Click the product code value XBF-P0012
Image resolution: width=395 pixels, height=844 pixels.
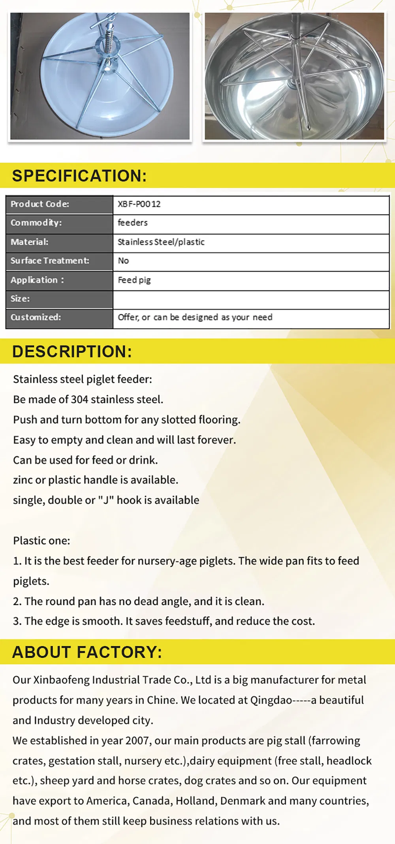point(139,204)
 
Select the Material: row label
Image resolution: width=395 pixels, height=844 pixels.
point(30,242)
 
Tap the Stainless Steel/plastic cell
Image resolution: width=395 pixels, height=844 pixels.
point(161,242)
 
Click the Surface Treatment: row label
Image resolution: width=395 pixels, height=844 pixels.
point(50,261)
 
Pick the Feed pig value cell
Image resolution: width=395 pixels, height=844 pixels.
point(134,280)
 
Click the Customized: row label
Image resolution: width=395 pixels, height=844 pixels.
point(36,317)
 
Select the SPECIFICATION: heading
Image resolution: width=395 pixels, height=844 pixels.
point(79,176)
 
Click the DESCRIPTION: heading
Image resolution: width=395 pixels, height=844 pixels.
point(72,352)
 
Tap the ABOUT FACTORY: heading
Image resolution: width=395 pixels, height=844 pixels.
point(87,652)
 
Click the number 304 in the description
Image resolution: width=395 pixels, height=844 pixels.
point(79,399)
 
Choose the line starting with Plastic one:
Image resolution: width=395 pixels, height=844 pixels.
point(41,540)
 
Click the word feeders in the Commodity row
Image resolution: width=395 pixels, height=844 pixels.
point(133,223)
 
